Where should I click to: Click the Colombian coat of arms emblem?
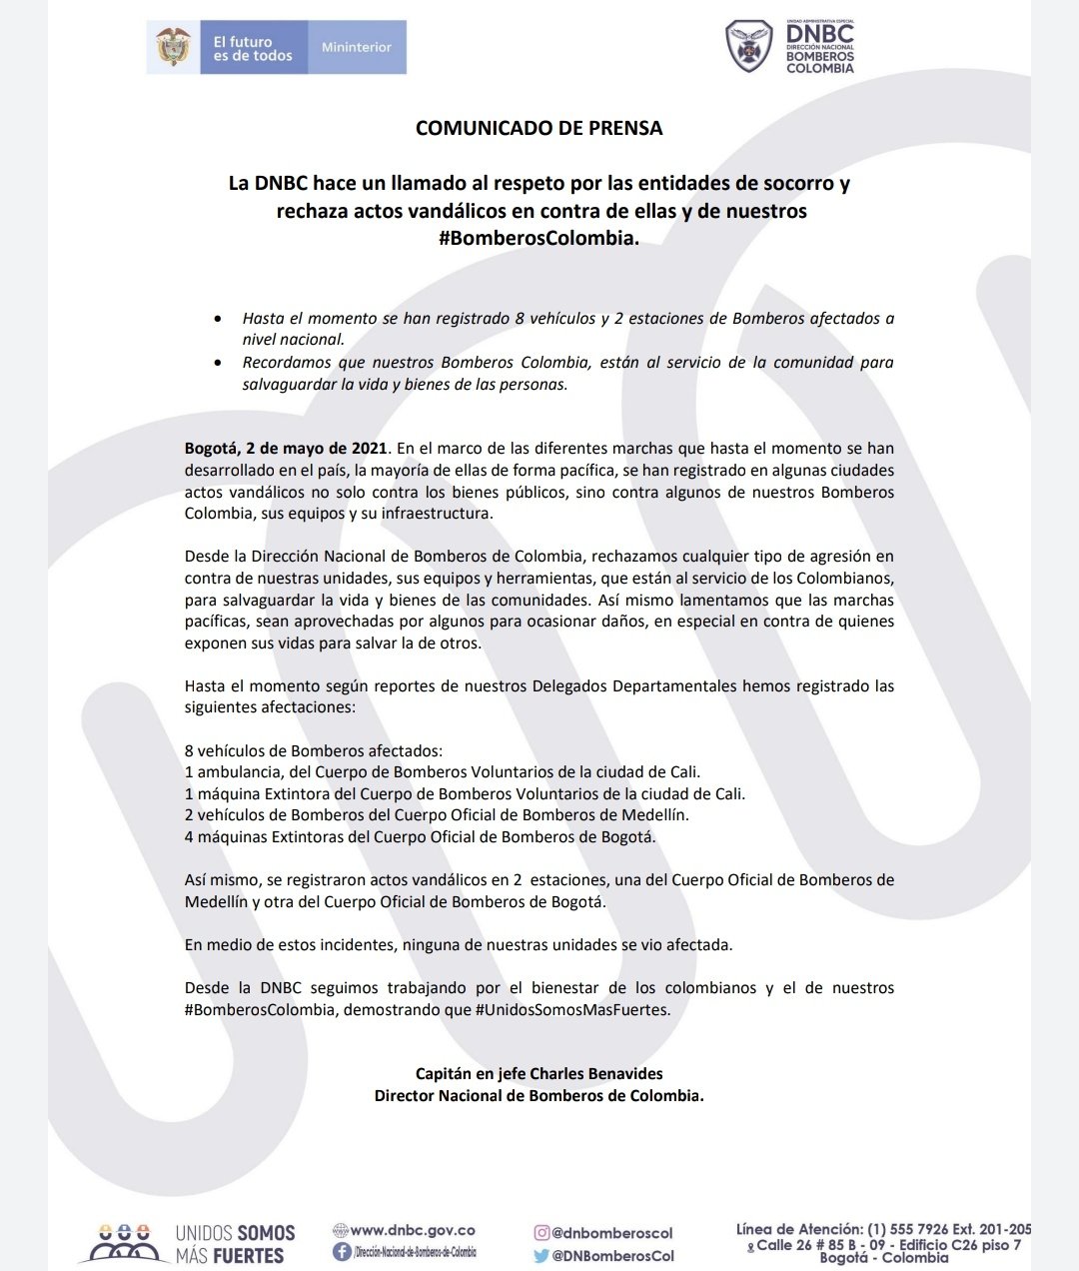click(174, 47)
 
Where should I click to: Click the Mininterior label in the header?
click(356, 47)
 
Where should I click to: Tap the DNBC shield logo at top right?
click(748, 47)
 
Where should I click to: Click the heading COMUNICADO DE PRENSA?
click(539, 128)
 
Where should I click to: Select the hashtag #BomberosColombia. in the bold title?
click(539, 239)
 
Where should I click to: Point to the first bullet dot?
click(218, 319)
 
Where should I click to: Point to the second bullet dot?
click(218, 363)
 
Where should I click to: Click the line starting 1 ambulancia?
click(442, 772)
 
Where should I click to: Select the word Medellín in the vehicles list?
click(654, 815)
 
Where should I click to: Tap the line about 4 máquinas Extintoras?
click(420, 837)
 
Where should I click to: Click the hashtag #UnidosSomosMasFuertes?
click(572, 1010)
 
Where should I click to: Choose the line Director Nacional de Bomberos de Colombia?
click(539, 1096)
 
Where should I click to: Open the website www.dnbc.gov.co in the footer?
click(412, 1231)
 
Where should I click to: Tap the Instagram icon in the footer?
click(541, 1233)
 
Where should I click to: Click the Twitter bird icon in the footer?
click(541, 1256)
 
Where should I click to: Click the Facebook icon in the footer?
click(341, 1252)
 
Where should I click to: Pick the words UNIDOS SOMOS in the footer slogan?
click(236, 1234)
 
